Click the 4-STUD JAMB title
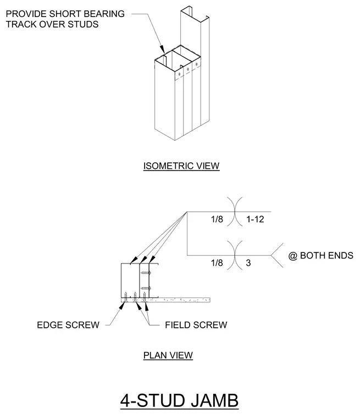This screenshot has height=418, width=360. pos(179,400)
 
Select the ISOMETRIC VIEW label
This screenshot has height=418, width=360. pos(181,166)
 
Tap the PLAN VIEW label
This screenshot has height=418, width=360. pos(168,355)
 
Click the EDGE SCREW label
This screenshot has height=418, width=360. pos(68,325)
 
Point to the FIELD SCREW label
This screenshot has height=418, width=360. pos(196,325)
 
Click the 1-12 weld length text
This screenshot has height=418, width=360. pos(255,219)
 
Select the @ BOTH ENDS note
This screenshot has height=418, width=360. pos(320,255)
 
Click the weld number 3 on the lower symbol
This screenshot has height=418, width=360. pos(248,263)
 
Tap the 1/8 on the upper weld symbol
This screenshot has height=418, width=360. pos(217,219)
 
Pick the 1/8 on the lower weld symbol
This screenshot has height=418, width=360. pos(217,263)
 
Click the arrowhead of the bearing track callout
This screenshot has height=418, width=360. pos(162,50)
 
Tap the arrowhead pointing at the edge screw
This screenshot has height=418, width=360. pos(121,305)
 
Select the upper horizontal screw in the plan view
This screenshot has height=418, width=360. pos(146,273)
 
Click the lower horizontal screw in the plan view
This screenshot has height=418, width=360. pos(146,288)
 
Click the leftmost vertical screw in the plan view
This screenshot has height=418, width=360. pos(125,297)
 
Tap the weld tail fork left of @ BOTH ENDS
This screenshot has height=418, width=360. pos(277,255)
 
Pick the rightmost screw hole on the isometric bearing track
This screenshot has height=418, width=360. pos(197,64)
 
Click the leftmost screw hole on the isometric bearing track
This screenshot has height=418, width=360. pos(179,74)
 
